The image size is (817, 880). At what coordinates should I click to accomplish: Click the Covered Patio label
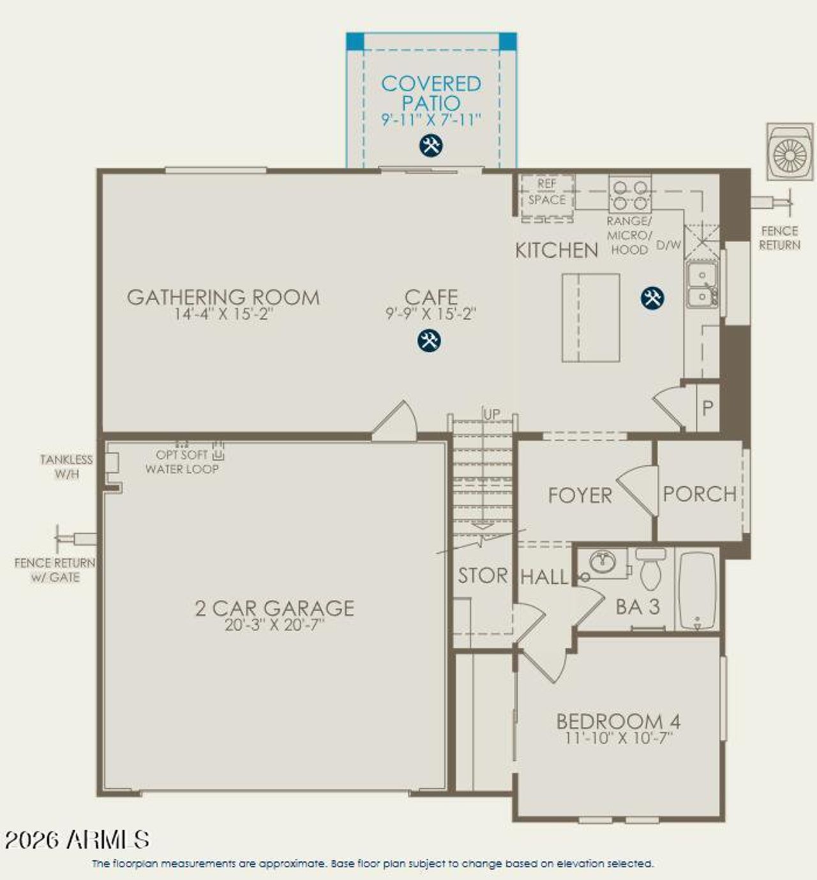coord(431,93)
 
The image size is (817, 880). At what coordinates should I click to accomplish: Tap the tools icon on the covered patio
coord(431,145)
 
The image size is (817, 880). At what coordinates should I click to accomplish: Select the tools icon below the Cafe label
coord(429,340)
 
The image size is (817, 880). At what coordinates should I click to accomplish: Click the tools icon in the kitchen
coord(652,298)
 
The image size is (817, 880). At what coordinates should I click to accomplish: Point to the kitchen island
coord(590,318)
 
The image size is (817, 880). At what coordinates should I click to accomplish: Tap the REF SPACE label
coord(547,191)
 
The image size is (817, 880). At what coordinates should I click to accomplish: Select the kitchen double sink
coord(701,285)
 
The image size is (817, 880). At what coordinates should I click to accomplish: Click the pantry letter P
coord(707,408)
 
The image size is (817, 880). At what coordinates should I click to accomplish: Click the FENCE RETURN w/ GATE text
coord(55,570)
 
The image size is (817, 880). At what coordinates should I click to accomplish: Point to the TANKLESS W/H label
coord(66,466)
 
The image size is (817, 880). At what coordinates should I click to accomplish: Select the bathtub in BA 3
coord(697,591)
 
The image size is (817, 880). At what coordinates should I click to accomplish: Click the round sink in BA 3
coord(602,562)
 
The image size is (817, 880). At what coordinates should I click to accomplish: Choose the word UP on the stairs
coord(491,414)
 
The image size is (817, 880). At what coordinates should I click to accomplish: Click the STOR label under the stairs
coord(483,576)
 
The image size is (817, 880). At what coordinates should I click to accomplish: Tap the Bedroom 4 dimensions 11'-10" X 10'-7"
coord(618,738)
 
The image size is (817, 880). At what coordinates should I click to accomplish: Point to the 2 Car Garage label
coord(274,608)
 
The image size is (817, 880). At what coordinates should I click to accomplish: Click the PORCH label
coord(700,493)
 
